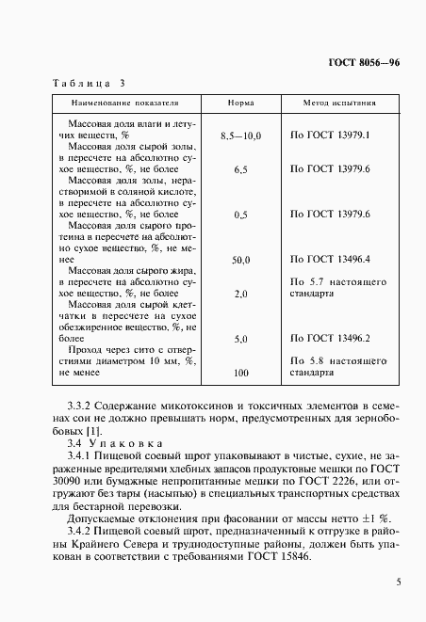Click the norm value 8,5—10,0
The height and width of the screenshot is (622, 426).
point(240,136)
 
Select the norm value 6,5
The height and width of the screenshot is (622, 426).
point(240,169)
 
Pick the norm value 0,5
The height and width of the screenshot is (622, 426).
point(240,215)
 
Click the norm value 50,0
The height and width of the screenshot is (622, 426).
point(240,260)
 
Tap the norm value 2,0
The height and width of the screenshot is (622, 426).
point(240,294)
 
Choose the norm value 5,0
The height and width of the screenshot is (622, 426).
point(240,339)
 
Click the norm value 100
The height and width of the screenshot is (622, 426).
point(240,374)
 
